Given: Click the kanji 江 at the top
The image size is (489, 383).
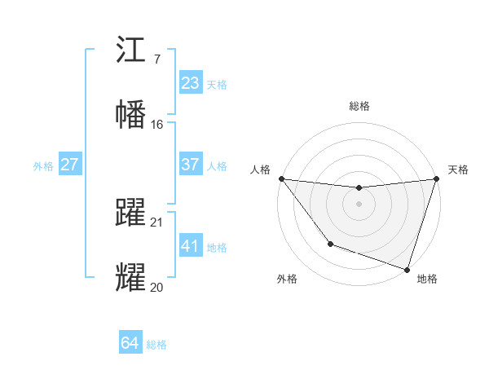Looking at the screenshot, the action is coord(131,51).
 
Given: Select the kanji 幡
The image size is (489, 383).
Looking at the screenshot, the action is coord(131,114).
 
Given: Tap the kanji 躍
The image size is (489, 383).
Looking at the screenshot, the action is coord(131,212).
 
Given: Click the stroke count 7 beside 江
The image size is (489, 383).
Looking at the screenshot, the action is coord(156,59).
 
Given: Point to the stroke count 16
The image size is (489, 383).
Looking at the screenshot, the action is coord(157,124).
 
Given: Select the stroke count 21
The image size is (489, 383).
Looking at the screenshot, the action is coord(157,222).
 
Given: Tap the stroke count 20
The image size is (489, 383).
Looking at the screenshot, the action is coord(157,287).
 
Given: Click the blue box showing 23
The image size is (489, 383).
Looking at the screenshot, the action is coord(191,83).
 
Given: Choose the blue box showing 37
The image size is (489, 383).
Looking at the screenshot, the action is coord(191,165).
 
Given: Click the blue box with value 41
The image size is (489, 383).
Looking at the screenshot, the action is coord(191,246).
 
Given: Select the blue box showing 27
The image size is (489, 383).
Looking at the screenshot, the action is coord(70,165).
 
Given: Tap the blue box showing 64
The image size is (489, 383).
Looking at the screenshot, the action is coord(130,343).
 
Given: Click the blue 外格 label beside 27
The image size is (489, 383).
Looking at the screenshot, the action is coord(43,165).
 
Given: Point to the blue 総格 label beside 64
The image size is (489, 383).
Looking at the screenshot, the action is coord(156,345).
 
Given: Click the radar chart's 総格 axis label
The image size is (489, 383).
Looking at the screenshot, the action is coord(359,106).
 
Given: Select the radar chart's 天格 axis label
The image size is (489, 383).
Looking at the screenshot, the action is coord(458,169).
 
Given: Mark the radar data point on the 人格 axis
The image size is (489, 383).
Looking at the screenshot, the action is coord(281,178).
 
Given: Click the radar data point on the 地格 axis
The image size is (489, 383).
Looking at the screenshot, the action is coord(407,269).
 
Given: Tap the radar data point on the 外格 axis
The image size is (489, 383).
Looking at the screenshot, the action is coord(330,244).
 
